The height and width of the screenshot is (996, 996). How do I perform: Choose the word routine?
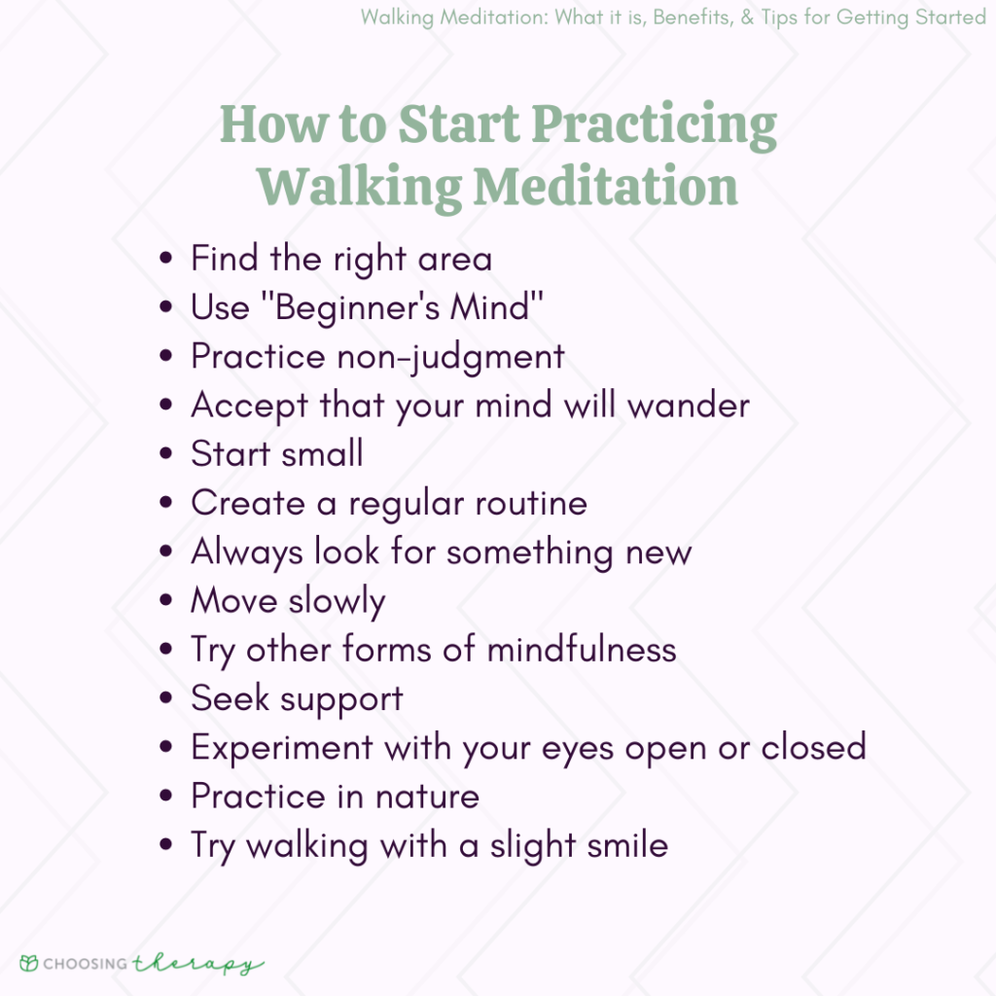pos(531,503)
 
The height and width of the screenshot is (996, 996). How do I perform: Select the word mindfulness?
pos(581,649)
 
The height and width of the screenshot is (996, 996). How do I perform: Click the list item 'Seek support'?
pos(297,698)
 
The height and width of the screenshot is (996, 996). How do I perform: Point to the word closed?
pos(813,746)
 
